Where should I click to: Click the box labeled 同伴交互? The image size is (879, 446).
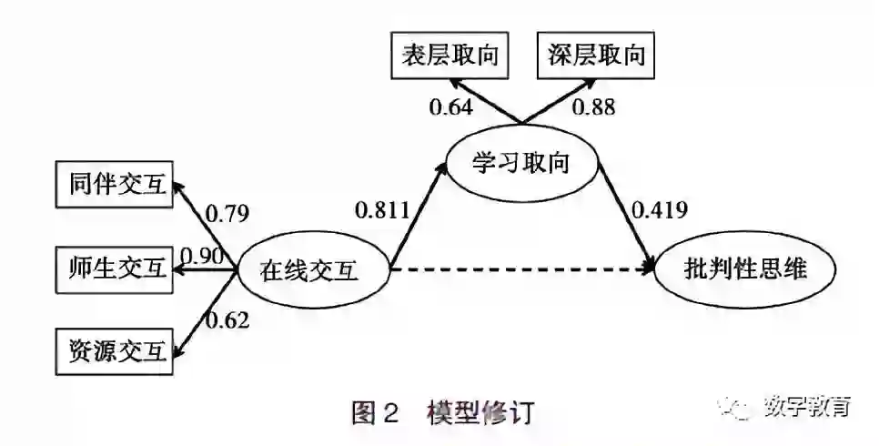click(113, 186)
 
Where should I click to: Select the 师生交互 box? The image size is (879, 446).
click(113, 268)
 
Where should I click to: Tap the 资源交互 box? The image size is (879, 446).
click(113, 350)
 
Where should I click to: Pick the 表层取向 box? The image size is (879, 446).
click(450, 55)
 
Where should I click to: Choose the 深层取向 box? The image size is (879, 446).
click(597, 55)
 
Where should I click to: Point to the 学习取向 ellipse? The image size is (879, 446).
click(520, 165)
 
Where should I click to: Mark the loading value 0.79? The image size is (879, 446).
click(227, 215)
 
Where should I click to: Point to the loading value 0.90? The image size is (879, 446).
click(202, 256)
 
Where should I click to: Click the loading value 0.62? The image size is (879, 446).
click(227, 319)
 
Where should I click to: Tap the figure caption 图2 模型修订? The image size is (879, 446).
click(443, 412)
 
